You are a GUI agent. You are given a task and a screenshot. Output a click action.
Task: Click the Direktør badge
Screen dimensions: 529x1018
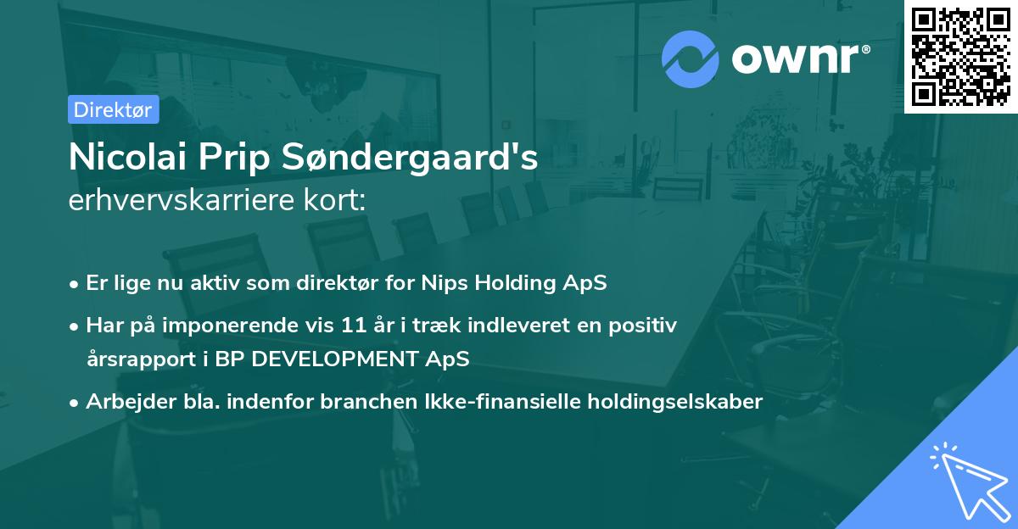(113, 109)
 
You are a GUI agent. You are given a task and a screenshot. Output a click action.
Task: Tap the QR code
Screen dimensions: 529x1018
(961, 56)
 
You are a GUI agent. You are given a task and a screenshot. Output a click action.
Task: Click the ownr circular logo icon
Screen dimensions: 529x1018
(691, 59)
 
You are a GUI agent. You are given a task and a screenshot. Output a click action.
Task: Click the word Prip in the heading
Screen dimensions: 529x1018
(244, 158)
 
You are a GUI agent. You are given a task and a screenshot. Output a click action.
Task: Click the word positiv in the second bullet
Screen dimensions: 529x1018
(646, 326)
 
